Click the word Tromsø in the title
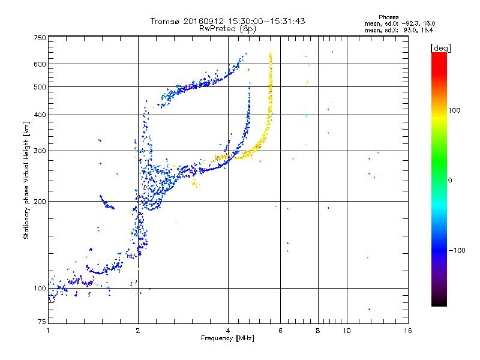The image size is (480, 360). point(166,21)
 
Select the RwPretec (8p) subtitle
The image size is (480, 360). point(227,29)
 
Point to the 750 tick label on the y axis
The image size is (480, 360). point(40,38)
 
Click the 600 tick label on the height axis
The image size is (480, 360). point(40,64)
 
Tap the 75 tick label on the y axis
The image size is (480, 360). point(42,322)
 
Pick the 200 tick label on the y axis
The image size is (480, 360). point(40,202)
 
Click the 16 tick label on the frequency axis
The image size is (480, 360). point(408,331)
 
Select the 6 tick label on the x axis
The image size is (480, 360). point(280,331)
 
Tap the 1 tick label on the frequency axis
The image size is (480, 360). point(48,331)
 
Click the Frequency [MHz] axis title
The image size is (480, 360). point(227,338)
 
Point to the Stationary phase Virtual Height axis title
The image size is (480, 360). point(26,180)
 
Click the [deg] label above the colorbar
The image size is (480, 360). point(440,49)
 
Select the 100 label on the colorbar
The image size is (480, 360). point(454,110)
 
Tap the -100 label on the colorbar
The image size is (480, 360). point(457,250)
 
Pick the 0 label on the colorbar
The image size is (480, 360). point(450,181)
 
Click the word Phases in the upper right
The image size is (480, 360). point(388,17)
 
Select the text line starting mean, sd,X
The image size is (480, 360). point(399,31)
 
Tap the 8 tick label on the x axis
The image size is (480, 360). point(318,331)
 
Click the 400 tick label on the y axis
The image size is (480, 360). point(40,115)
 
